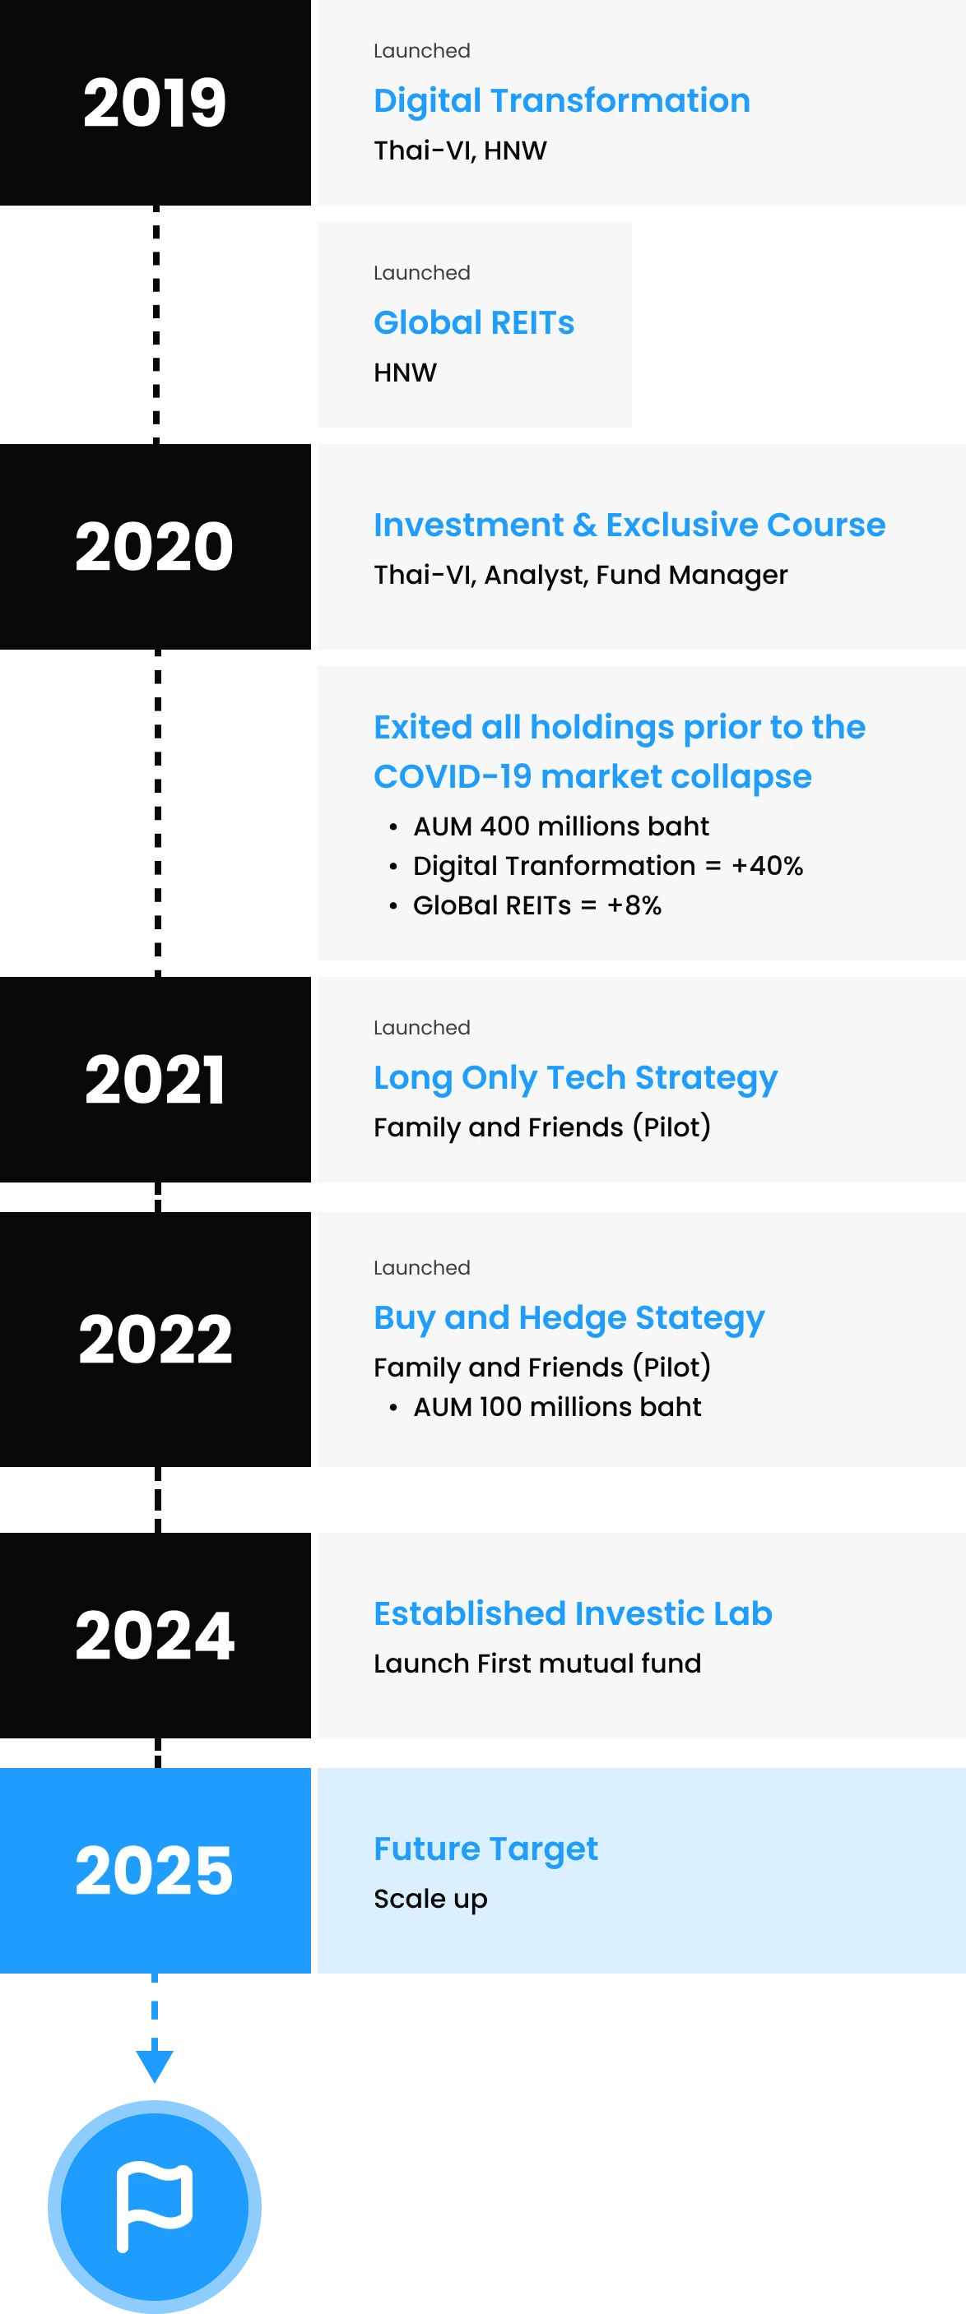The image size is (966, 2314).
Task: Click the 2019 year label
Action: pyautogui.click(x=155, y=103)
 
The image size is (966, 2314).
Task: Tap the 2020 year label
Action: pyautogui.click(x=155, y=546)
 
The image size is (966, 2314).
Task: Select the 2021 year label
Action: pyautogui.click(x=155, y=1079)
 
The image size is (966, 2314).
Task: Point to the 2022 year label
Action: pyautogui.click(x=155, y=1340)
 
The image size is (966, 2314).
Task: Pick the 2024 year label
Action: pyautogui.click(x=155, y=1635)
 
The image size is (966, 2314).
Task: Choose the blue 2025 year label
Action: pyautogui.click(x=155, y=1870)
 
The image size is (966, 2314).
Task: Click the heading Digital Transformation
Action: pyautogui.click(x=562, y=100)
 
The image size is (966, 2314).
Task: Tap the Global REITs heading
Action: pyautogui.click(x=474, y=322)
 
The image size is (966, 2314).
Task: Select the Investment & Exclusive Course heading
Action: pyautogui.click(x=629, y=525)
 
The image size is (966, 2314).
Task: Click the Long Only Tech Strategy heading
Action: pyautogui.click(x=575, y=1078)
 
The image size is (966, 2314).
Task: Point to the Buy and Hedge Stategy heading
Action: pyautogui.click(x=569, y=1318)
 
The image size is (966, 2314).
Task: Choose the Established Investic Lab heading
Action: pyautogui.click(x=573, y=1613)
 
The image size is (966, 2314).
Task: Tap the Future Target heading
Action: pyautogui.click(x=485, y=1849)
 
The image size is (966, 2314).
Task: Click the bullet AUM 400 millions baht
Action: pyautogui.click(x=560, y=826)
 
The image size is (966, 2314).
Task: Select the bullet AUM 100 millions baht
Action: pyautogui.click(x=557, y=1407)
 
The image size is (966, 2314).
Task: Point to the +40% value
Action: pyautogui.click(x=768, y=866)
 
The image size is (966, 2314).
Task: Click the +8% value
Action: pyautogui.click(x=634, y=905)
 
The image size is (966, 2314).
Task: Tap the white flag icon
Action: pyautogui.click(x=155, y=2206)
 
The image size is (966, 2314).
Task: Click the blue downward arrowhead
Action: pyautogui.click(x=155, y=2066)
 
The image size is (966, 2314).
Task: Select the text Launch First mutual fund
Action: pyautogui.click(x=537, y=1664)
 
